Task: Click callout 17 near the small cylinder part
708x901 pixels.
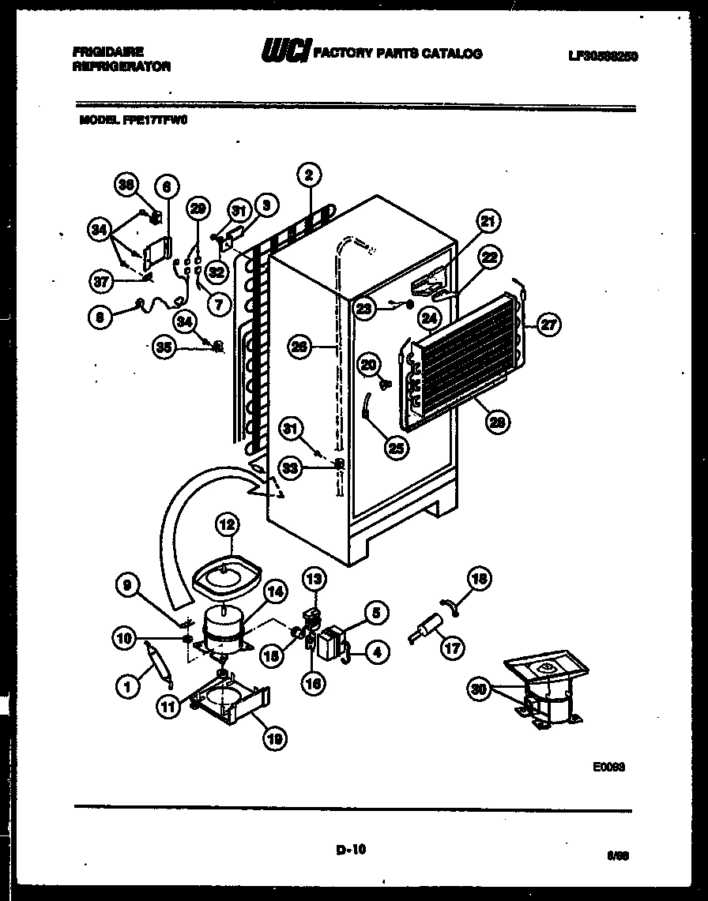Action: click(453, 648)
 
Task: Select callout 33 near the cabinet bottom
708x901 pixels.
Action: click(292, 467)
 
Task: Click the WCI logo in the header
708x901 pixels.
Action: click(285, 53)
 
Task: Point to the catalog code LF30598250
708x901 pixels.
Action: click(602, 55)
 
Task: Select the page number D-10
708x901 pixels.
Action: click(351, 850)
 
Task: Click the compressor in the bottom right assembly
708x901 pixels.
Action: click(548, 699)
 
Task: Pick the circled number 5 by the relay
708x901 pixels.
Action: click(375, 611)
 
